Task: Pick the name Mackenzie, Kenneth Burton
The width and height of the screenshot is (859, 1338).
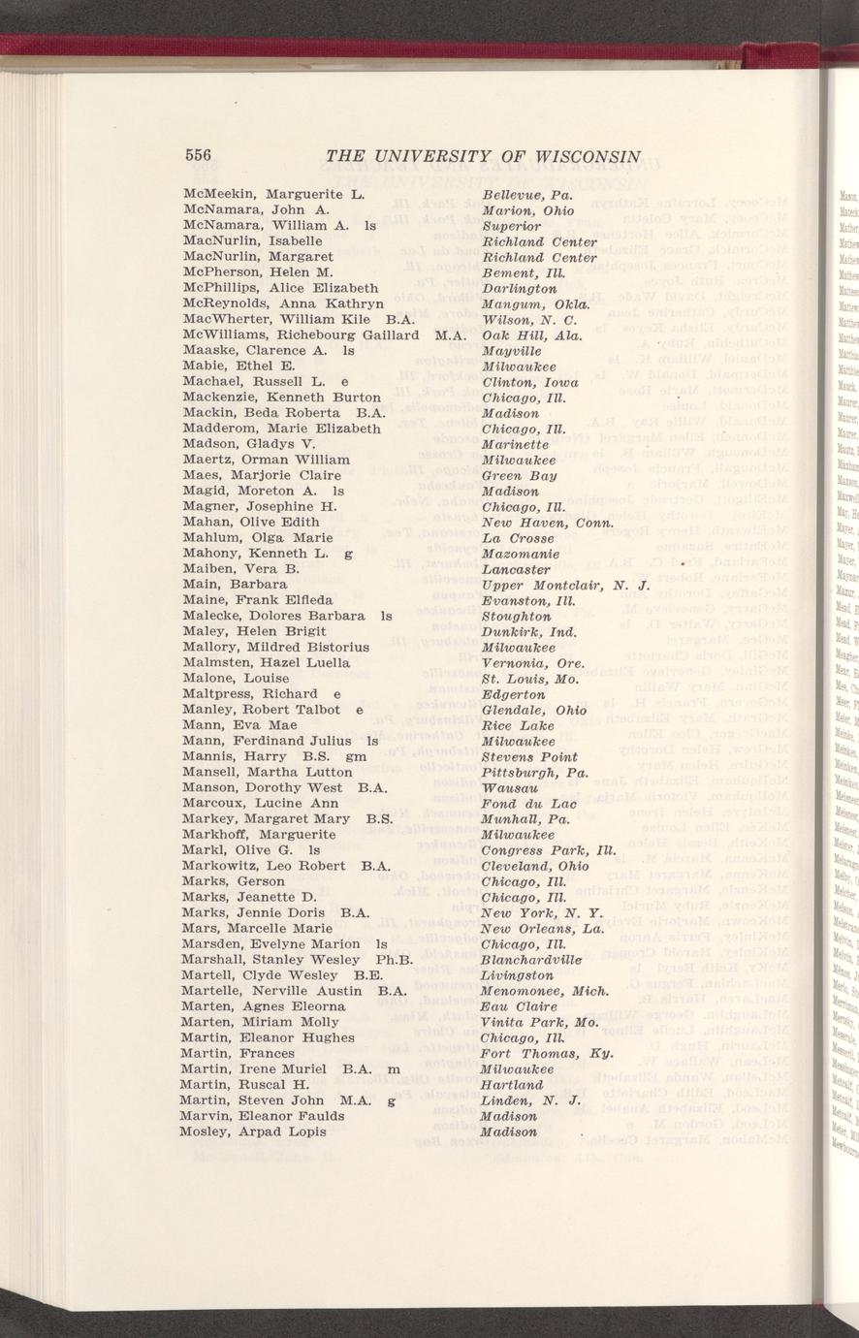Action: coord(281,398)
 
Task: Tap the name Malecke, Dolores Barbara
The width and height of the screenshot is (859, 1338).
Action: coord(272,616)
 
